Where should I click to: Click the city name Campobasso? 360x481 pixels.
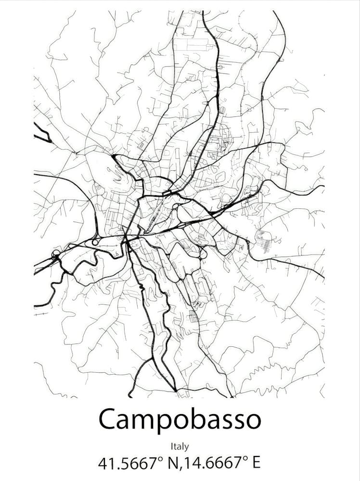click(x=180, y=419)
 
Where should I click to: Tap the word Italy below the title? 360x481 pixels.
click(x=180, y=447)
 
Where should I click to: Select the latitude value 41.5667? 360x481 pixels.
click(x=128, y=464)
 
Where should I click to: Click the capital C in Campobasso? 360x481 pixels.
click(x=108, y=419)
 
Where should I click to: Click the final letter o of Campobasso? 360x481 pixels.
click(x=252, y=420)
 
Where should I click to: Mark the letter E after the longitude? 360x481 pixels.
click(x=256, y=464)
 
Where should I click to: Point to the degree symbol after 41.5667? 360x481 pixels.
click(x=161, y=458)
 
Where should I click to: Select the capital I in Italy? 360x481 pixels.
click(x=172, y=447)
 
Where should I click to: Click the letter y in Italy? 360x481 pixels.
click(x=187, y=448)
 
